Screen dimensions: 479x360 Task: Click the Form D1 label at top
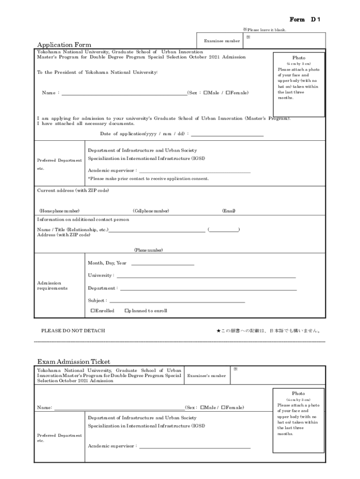305,19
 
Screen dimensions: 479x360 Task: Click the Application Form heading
64,45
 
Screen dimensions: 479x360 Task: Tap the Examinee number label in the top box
222,41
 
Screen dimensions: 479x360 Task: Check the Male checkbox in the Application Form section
205,93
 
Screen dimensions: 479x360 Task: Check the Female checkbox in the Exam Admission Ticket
223,407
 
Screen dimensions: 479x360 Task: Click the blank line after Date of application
227,135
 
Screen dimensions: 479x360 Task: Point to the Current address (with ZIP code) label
73,190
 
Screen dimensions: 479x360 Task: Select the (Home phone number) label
59,211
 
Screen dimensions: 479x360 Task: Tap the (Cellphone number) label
151,211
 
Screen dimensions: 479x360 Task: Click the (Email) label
229,211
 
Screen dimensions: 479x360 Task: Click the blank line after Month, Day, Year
162,264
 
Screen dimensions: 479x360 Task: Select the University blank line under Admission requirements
206,277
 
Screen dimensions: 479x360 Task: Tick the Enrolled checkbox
93,311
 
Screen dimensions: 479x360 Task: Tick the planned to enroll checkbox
127,311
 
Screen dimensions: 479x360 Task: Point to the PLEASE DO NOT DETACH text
73,331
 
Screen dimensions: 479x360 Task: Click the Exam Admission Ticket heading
74,362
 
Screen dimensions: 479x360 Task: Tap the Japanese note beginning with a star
268,331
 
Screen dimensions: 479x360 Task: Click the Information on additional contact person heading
83,219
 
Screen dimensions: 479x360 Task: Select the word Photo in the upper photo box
299,58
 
